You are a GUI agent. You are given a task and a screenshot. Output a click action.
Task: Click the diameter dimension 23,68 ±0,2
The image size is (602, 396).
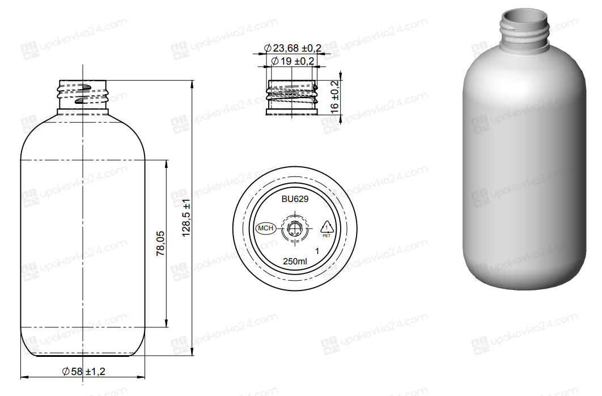coord(292,48)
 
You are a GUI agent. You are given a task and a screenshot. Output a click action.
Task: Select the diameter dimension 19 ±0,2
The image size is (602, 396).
coord(292,61)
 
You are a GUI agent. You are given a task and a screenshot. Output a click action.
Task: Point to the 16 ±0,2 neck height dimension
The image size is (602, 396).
coord(334,98)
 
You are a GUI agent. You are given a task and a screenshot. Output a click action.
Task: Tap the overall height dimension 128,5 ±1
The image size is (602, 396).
coord(186,218)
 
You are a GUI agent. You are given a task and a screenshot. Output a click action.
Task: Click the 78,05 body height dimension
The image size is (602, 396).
coord(160,243)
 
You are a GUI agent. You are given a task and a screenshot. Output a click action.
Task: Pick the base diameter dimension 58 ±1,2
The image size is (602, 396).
coord(83,372)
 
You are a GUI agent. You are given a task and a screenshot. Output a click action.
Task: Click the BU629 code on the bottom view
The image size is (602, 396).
coord(295,199)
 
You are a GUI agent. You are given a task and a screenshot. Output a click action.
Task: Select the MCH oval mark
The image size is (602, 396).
coord(266,228)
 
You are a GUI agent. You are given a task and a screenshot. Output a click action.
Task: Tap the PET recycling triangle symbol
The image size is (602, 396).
coord(327,228)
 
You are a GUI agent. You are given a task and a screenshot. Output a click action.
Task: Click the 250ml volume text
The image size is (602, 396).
coord(295,262)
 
